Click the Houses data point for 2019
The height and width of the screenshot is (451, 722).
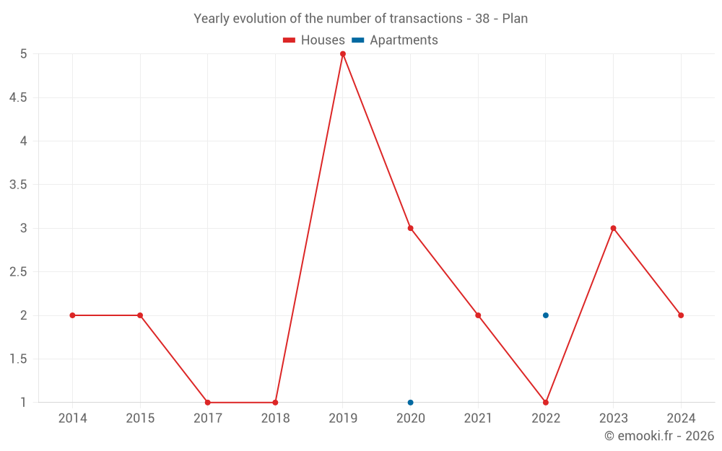[343, 54]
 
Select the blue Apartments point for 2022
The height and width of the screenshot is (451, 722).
[546, 315]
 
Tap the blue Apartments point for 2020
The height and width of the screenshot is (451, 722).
[410, 403]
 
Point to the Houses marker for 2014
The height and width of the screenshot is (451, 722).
[72, 315]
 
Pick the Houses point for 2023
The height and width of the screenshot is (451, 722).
[613, 228]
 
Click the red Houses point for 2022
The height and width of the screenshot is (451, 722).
[546, 403]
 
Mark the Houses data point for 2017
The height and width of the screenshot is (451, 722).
[208, 403]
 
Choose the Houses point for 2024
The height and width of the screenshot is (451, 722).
[681, 315]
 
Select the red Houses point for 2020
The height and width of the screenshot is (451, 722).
[410, 228]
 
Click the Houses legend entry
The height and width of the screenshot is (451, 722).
[314, 40]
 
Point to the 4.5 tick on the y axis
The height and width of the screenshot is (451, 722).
[18, 97]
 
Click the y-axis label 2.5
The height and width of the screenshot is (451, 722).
[18, 272]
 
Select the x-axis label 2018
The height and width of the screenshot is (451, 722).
[275, 418]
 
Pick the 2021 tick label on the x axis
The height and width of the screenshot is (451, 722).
[478, 418]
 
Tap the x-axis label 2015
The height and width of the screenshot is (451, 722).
[140, 418]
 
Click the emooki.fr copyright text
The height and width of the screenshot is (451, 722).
[659, 436]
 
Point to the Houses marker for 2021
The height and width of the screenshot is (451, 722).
[478, 315]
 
